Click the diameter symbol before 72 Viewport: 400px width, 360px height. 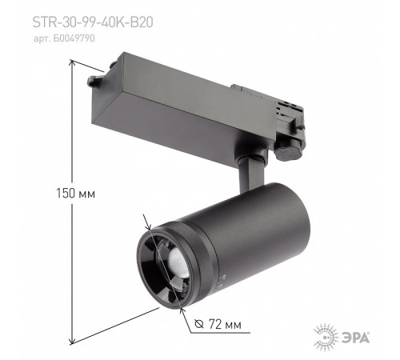199,326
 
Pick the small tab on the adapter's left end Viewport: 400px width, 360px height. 94,81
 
